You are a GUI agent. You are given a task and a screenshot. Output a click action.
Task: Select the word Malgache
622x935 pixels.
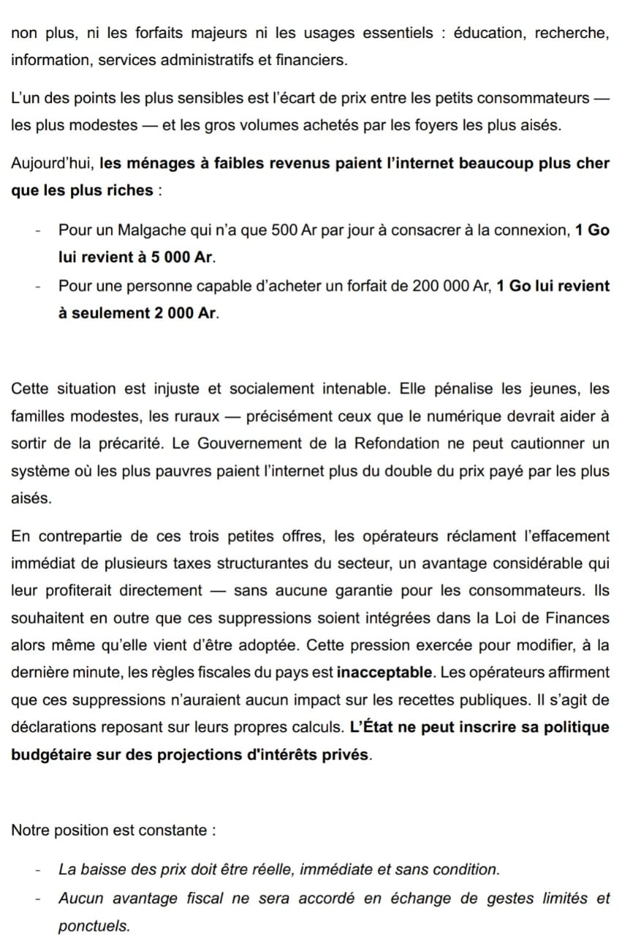coord(164,230)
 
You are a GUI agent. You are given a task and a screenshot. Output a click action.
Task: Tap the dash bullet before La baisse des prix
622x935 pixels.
coord(37,870)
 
